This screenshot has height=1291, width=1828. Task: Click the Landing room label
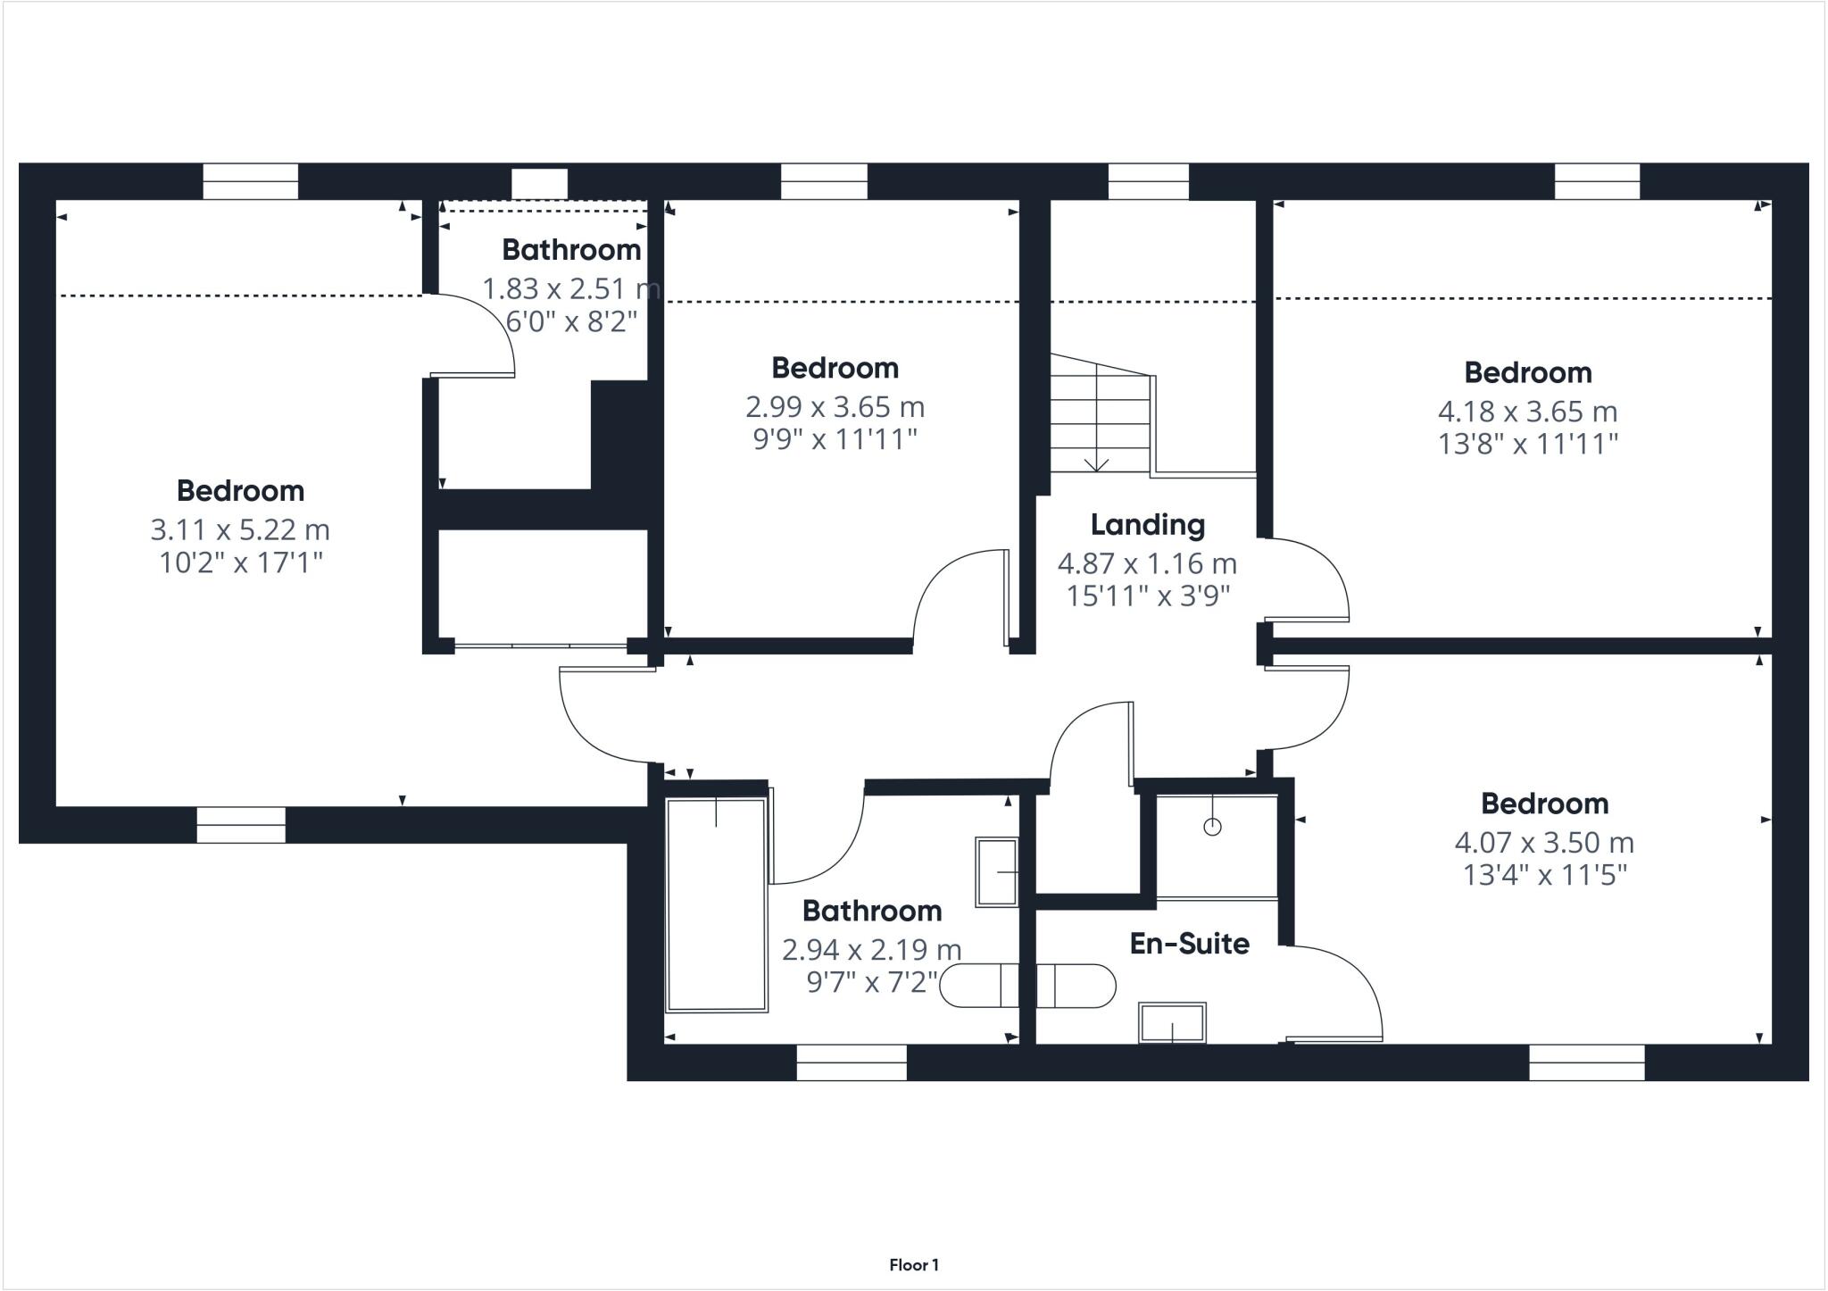tap(1147, 525)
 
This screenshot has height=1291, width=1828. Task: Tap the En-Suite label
tap(1189, 944)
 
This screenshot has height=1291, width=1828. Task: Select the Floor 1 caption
tap(914, 1265)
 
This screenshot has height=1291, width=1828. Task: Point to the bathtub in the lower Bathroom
tap(716, 905)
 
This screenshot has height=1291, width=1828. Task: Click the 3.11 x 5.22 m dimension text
tap(240, 530)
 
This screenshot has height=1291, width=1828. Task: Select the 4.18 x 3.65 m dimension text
tap(1527, 412)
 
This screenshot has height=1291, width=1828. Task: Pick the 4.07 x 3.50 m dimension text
tap(1544, 843)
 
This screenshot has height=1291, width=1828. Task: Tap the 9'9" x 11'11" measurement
tap(835, 439)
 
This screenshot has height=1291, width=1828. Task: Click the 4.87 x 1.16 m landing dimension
tap(1147, 564)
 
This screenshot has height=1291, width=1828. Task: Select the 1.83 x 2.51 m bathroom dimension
tap(571, 289)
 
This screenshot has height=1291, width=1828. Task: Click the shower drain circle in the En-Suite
tap(1212, 827)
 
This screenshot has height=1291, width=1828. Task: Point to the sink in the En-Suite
tap(1172, 1022)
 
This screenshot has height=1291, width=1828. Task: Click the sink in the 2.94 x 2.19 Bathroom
tap(997, 872)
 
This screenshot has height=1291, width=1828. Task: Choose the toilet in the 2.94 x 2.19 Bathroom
tap(980, 987)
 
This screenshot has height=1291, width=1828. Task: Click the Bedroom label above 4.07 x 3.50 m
tap(1544, 804)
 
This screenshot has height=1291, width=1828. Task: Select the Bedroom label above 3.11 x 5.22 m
tap(240, 491)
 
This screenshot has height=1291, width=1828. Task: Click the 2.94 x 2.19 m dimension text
tap(871, 950)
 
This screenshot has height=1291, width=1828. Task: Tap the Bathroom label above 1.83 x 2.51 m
tap(571, 250)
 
